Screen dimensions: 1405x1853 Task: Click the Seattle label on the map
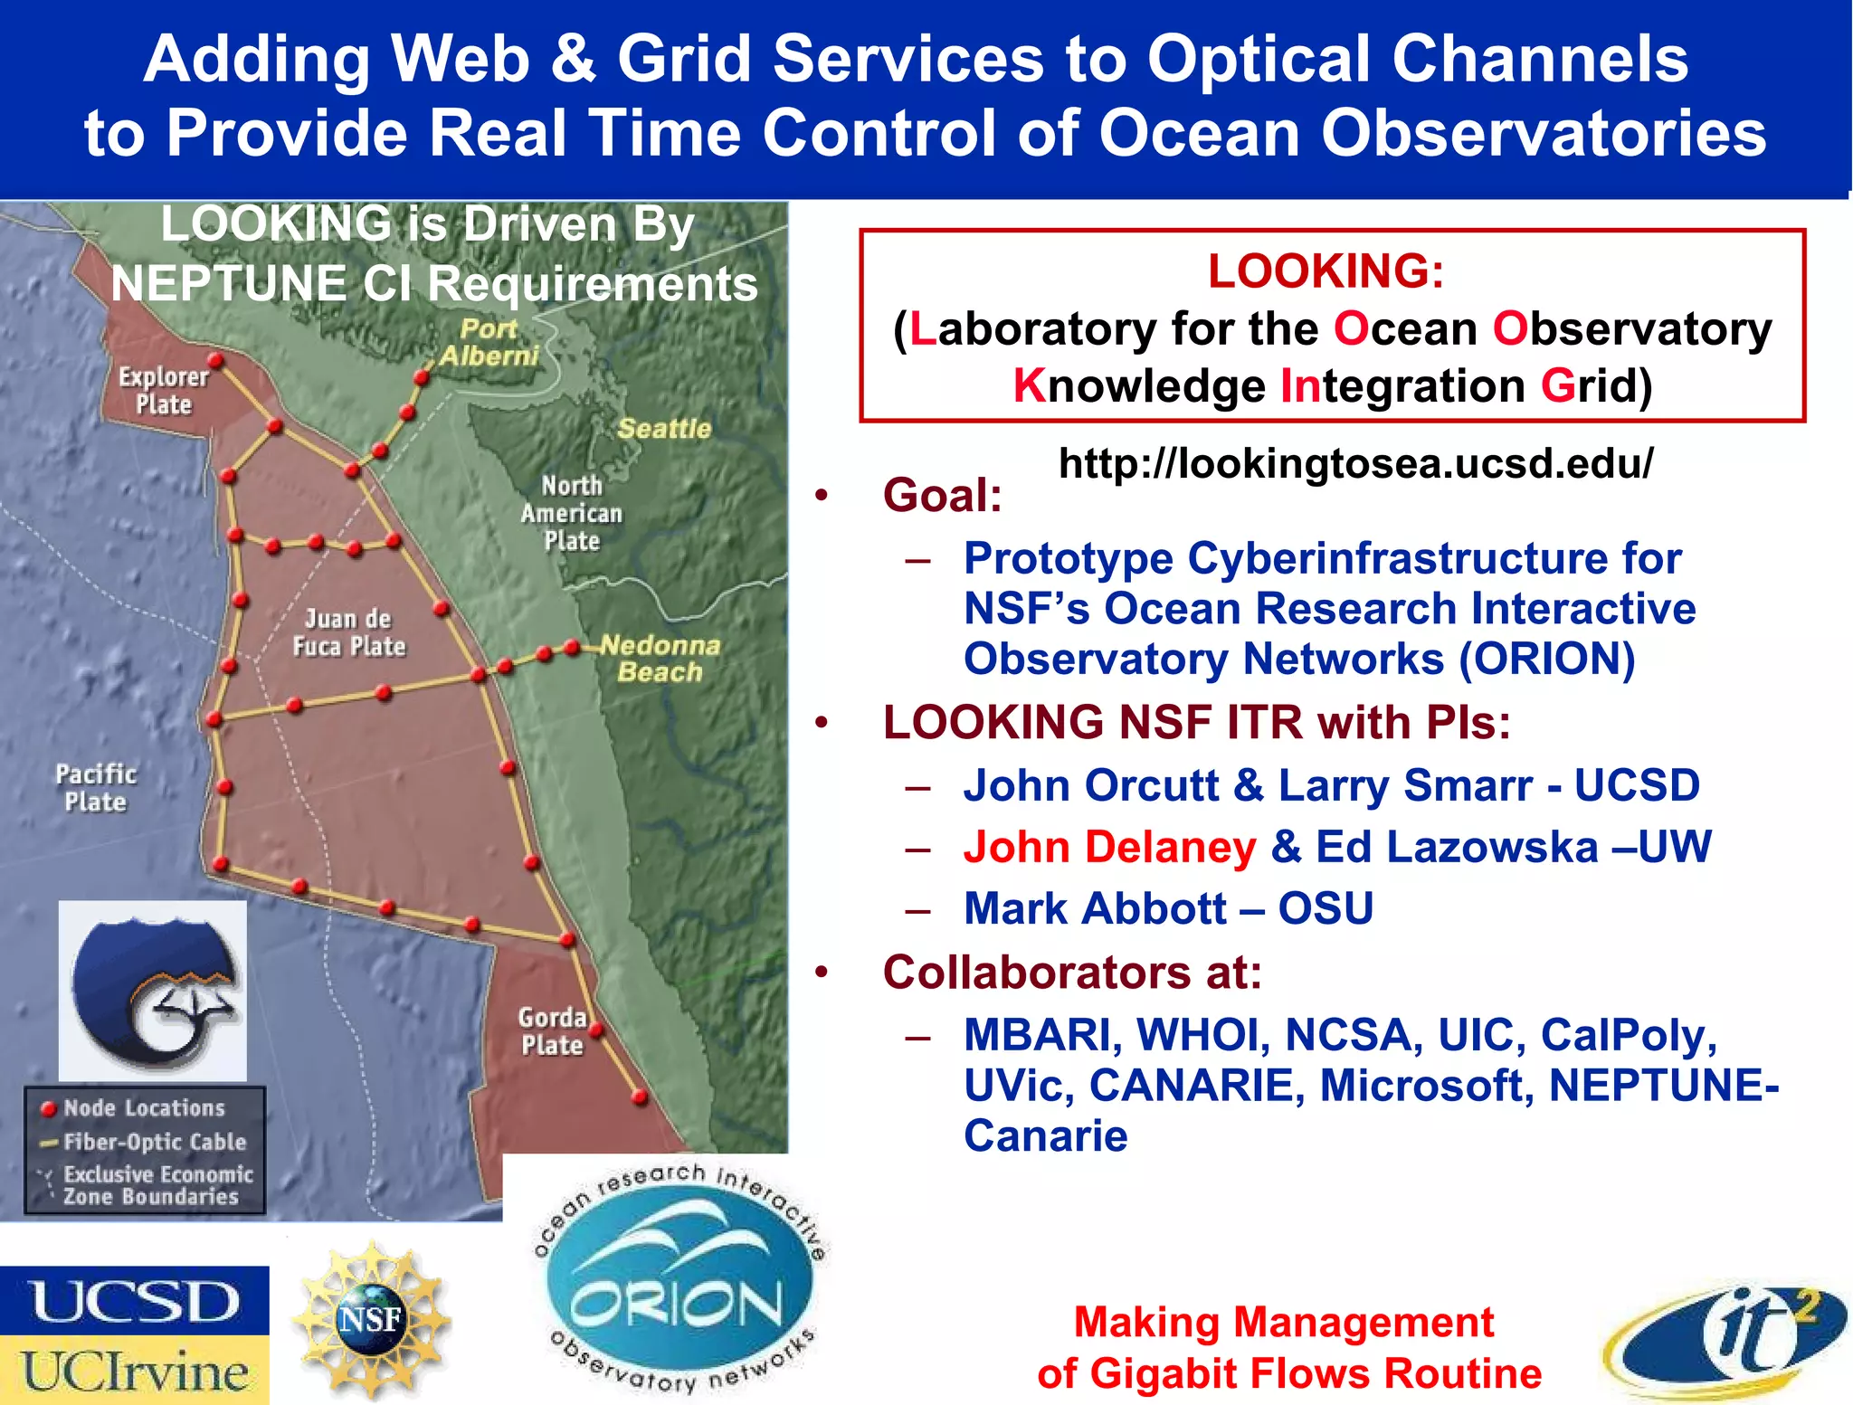pyautogui.click(x=664, y=429)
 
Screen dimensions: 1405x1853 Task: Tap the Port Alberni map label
pyautogui.click(x=489, y=342)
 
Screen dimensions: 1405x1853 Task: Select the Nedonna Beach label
pyautogui.click(x=660, y=659)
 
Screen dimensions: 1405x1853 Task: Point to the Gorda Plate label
pyautogui.click(x=553, y=1030)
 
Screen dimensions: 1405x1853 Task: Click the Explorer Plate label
pyautogui.click(x=164, y=390)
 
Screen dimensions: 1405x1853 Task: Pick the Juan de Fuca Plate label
pyautogui.click(x=349, y=632)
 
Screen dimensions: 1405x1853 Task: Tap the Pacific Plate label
pyautogui.click(x=96, y=788)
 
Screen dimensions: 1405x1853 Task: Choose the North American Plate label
pyautogui.click(x=572, y=513)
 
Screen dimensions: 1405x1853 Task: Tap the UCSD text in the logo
pyautogui.click(x=135, y=1302)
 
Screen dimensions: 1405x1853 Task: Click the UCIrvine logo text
pyautogui.click(x=135, y=1372)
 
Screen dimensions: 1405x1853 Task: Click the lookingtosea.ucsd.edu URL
pyautogui.click(x=1355, y=463)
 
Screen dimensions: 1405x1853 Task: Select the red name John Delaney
pyautogui.click(x=1109, y=848)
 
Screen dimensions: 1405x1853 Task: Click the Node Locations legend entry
pyautogui.click(x=143, y=1108)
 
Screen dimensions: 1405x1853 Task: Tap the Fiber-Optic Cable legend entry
pyautogui.click(x=154, y=1142)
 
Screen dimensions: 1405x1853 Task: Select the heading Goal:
pyautogui.click(x=942, y=496)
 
